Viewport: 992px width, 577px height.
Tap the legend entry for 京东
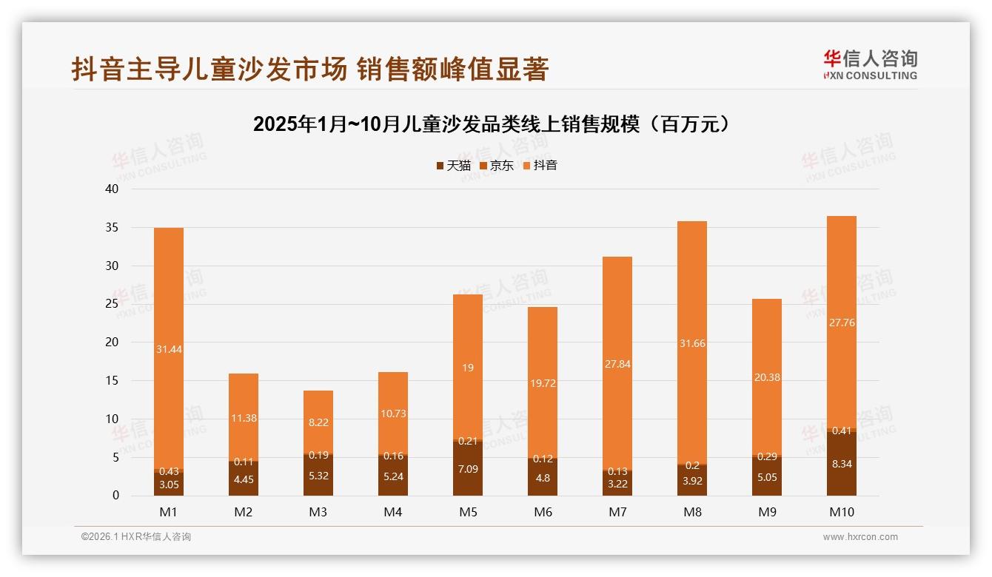click(497, 166)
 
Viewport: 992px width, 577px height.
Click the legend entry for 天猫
click(453, 166)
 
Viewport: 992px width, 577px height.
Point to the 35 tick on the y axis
click(112, 228)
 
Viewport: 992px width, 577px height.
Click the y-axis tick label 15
click(112, 381)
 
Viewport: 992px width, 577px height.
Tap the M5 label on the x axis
click(468, 512)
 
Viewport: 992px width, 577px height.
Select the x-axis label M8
click(692, 512)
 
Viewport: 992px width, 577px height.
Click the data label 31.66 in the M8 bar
click(692, 343)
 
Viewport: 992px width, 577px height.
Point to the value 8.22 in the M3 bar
click(318, 422)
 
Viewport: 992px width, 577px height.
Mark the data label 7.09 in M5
click(468, 468)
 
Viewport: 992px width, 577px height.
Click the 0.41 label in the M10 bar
click(841, 431)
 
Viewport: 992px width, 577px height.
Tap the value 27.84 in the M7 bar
click(617, 364)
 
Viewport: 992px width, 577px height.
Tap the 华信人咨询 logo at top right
click(870, 64)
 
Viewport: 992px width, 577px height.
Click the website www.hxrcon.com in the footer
click(860, 537)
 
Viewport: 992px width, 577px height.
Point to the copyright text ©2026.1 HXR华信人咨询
click(135, 537)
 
